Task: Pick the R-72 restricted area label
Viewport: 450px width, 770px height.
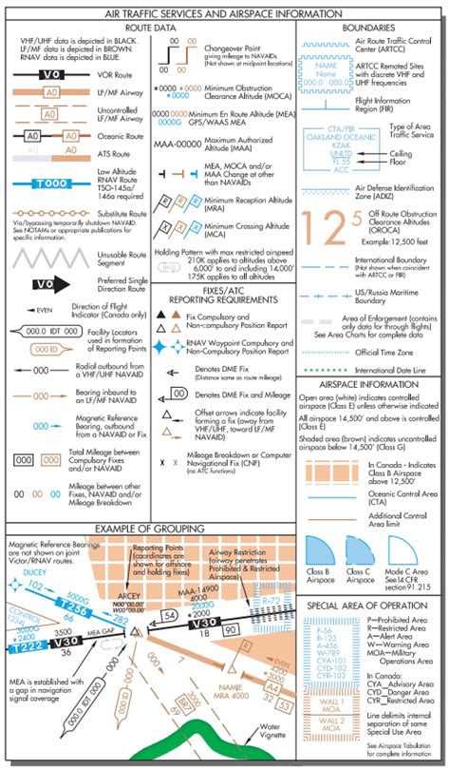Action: pyautogui.click(x=272, y=604)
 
